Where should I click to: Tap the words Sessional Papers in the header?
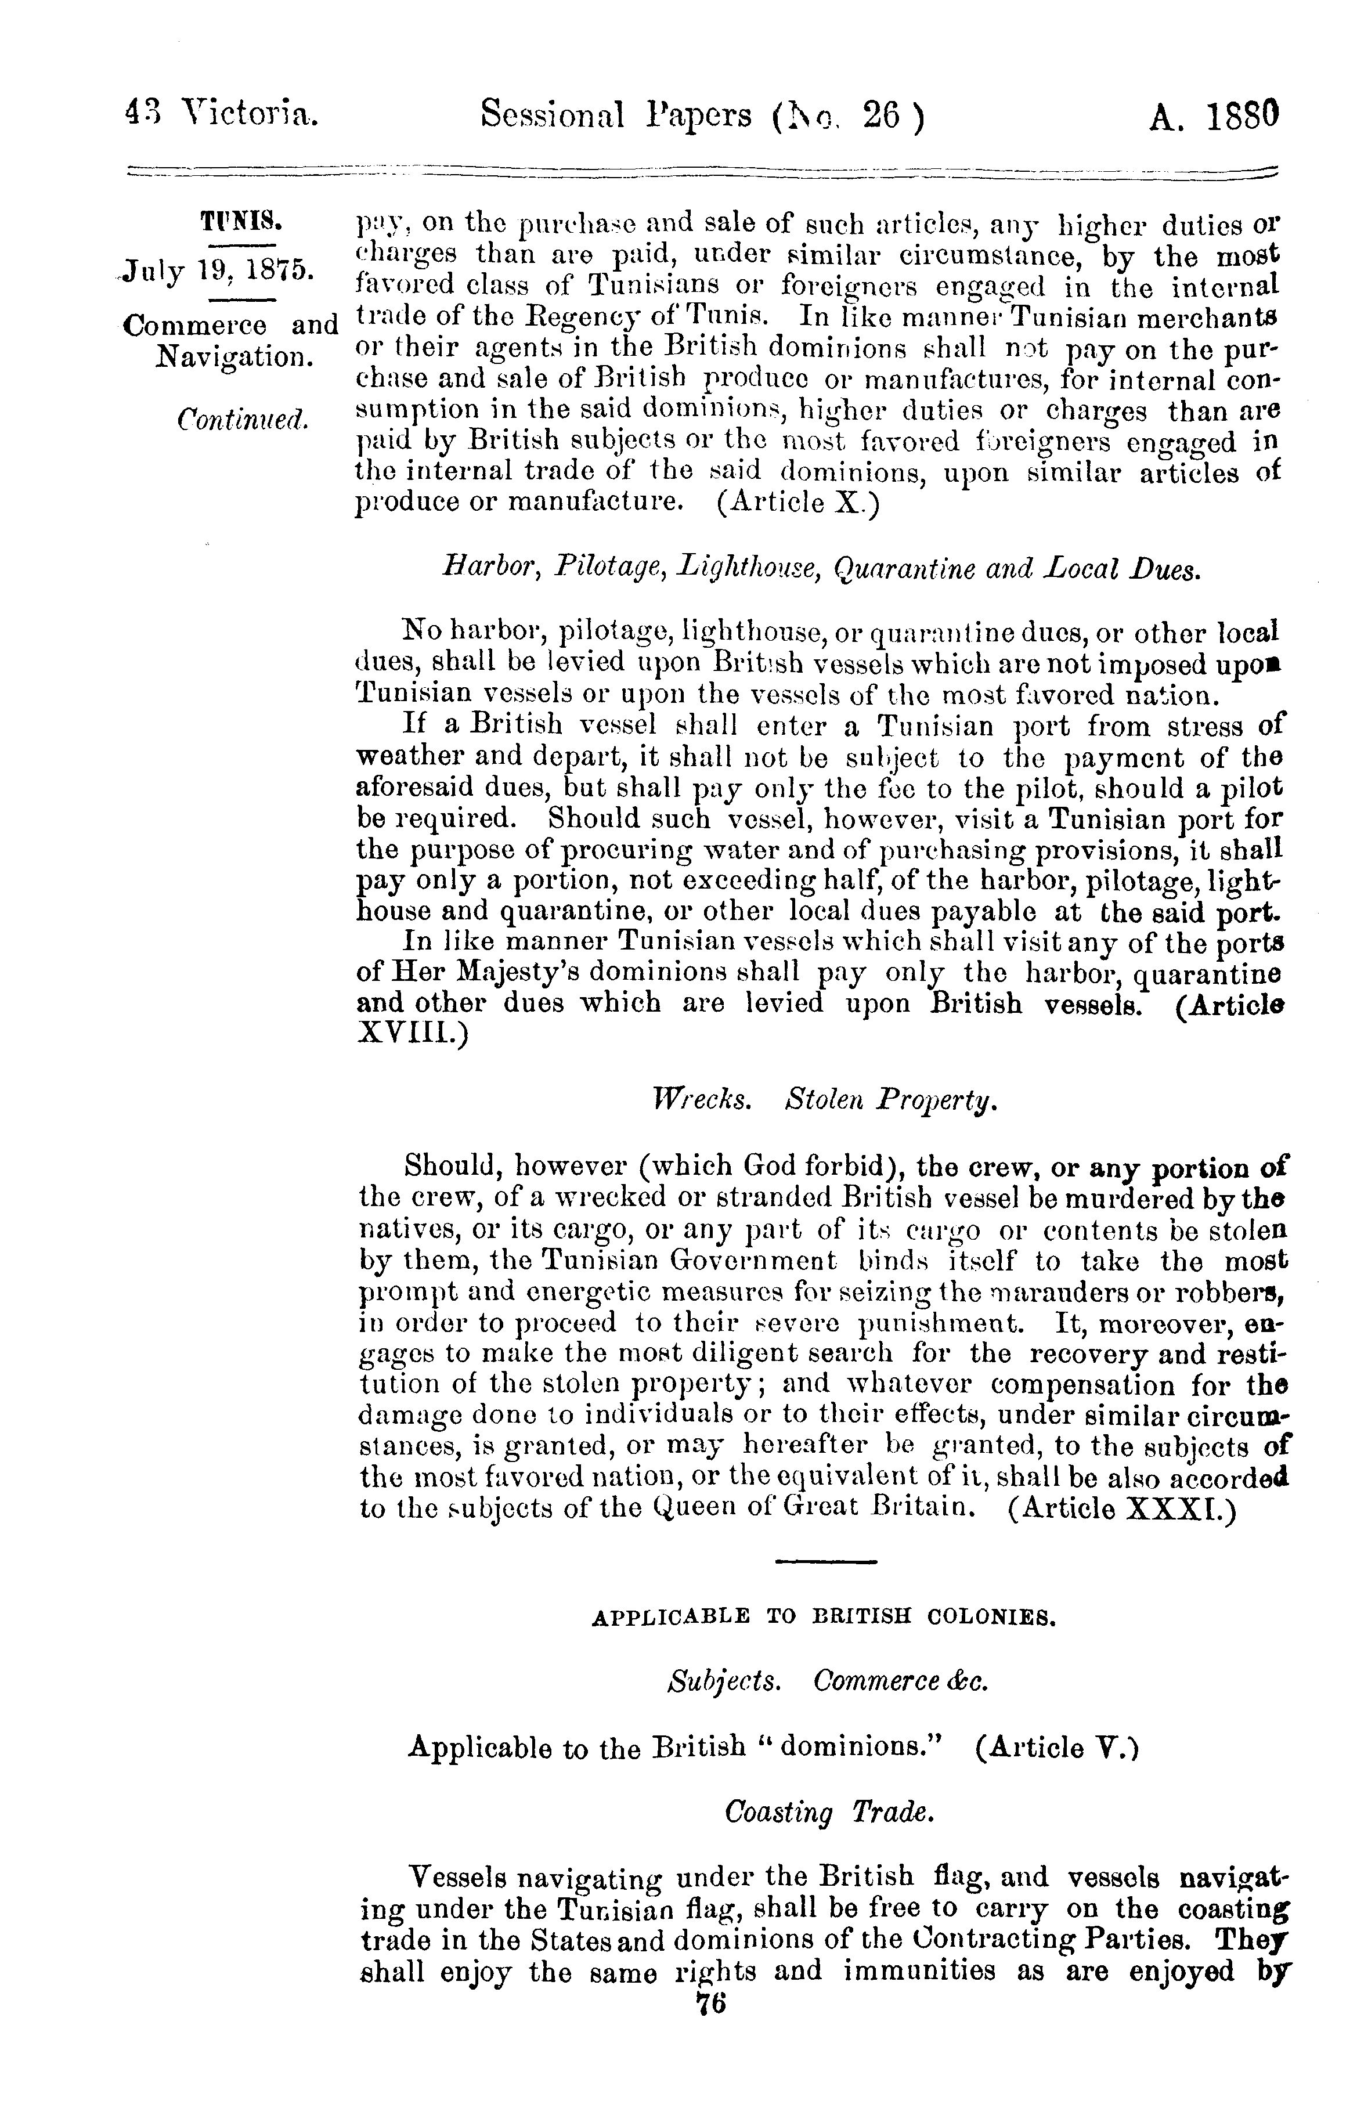(x=616, y=117)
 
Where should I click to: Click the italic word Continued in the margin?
(x=243, y=418)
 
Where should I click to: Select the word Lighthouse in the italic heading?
(x=749, y=570)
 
